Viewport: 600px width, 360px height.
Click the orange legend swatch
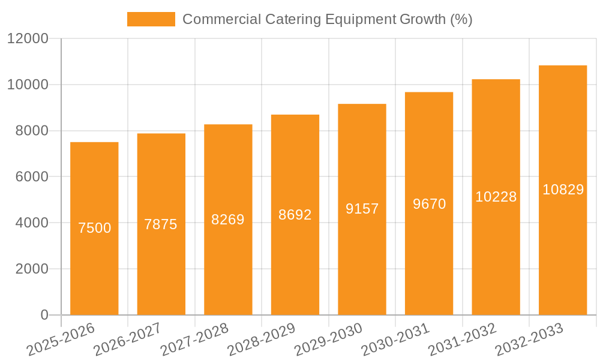click(151, 19)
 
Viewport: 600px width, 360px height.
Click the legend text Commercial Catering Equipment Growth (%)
click(327, 19)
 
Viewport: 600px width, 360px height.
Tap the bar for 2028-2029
click(295, 264)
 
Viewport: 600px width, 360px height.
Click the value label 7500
click(95, 228)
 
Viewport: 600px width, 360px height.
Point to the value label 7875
click(161, 224)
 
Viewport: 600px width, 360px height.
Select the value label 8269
click(228, 220)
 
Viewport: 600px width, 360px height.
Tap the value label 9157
click(362, 209)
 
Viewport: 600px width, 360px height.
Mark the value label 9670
click(429, 204)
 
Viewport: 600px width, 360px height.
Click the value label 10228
click(496, 197)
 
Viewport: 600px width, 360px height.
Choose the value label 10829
click(563, 190)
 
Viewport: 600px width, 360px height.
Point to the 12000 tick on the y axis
click(28, 38)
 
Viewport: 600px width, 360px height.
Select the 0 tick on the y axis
click(44, 315)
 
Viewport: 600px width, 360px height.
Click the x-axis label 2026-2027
click(127, 340)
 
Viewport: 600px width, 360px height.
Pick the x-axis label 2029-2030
click(328, 340)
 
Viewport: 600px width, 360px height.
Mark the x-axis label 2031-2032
click(462, 340)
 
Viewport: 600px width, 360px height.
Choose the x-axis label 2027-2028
click(194, 340)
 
